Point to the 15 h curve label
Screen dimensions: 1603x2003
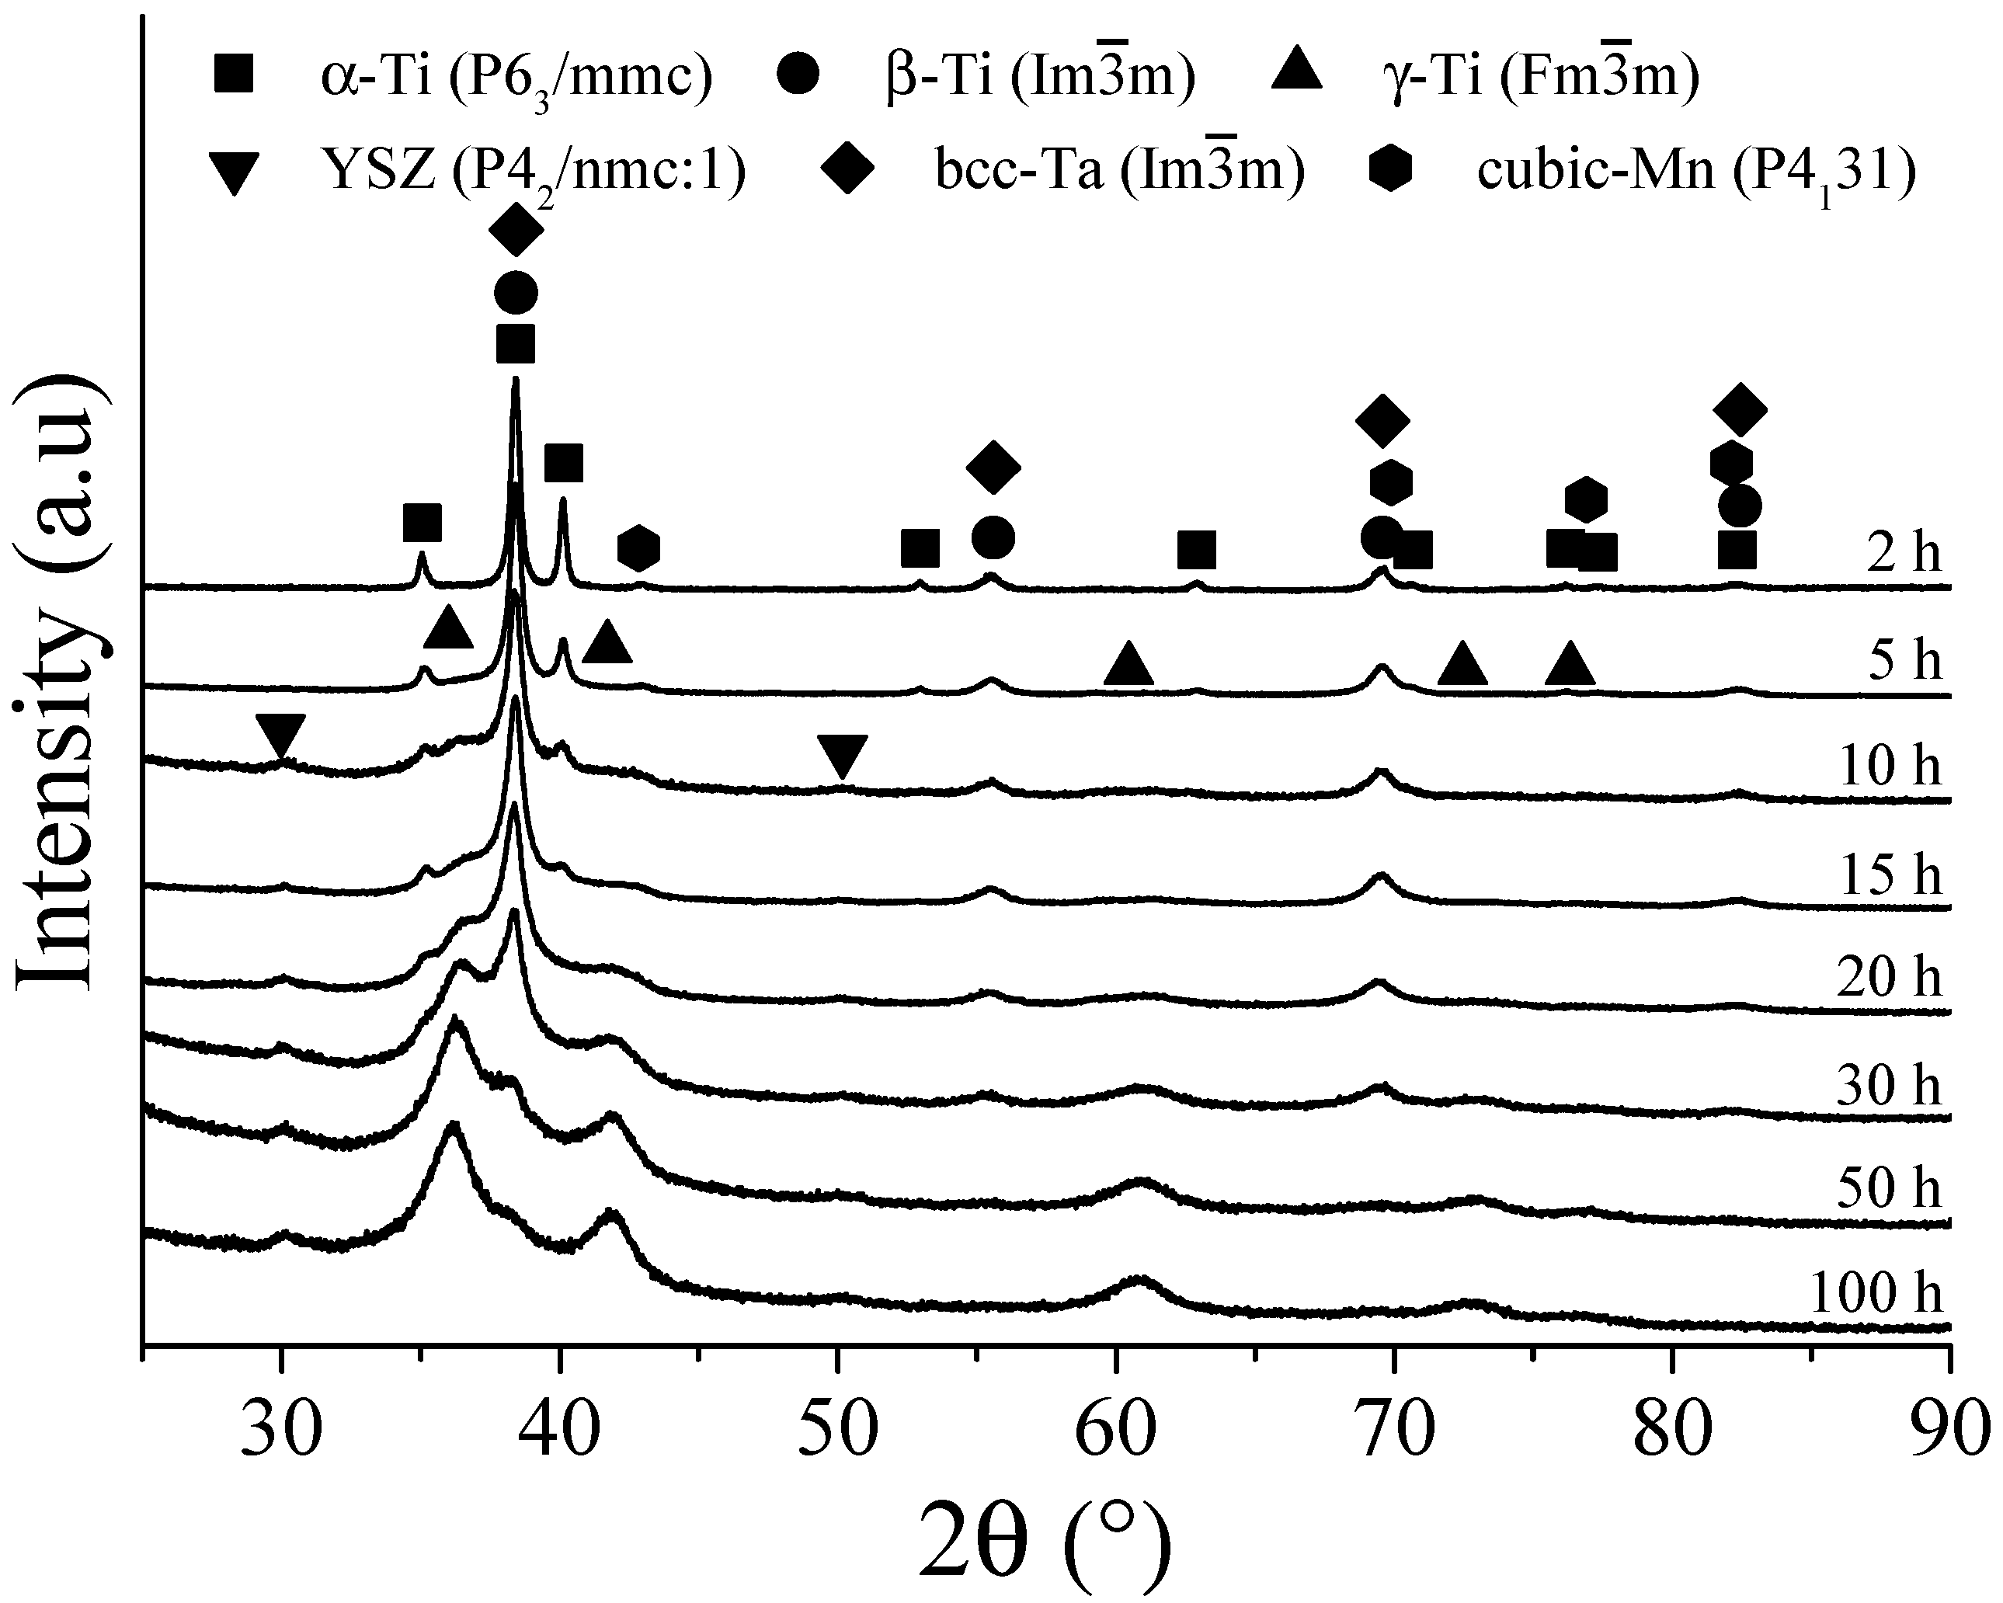point(1890,875)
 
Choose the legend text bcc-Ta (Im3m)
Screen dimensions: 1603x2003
point(1119,172)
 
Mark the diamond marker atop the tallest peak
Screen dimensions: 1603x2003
point(516,230)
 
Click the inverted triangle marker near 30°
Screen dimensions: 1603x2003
point(280,736)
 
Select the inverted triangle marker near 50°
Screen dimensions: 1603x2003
point(842,756)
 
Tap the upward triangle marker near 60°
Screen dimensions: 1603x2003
point(1128,665)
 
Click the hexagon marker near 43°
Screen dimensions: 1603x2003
point(639,548)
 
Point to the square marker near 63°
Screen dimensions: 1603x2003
point(1197,550)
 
